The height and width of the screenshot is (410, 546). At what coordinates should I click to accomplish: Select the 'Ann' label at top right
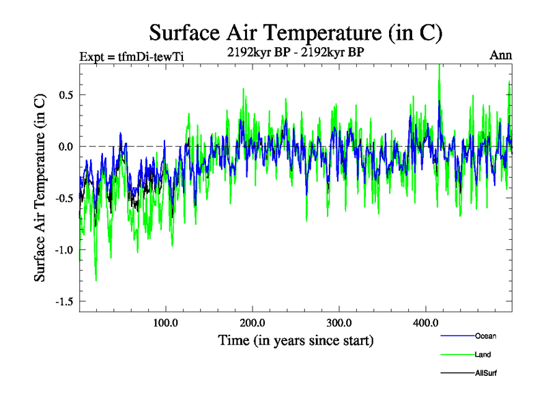tap(500, 55)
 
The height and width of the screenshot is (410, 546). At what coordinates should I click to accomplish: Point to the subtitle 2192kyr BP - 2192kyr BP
tap(296, 51)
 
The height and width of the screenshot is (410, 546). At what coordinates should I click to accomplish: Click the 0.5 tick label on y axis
tap(66, 94)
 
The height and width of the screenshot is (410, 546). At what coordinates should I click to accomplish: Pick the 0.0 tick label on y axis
tap(66, 146)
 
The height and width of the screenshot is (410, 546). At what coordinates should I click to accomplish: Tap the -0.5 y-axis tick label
tap(63, 198)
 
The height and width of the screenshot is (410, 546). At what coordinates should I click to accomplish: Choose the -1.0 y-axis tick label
tap(63, 250)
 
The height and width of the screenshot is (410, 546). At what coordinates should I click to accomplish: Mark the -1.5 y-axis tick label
tap(63, 301)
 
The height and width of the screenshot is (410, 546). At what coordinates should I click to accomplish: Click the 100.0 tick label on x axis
tap(166, 323)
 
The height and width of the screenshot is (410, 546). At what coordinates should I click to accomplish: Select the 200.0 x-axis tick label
tap(253, 323)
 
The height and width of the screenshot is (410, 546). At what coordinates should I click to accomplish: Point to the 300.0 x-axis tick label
tap(339, 323)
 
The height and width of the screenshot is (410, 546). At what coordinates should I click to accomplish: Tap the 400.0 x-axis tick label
tap(426, 323)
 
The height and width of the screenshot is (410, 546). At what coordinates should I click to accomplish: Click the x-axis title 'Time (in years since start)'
tap(296, 340)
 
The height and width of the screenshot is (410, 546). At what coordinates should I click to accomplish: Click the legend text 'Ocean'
tap(485, 336)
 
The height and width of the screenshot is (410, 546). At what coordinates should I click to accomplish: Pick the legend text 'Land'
tap(483, 355)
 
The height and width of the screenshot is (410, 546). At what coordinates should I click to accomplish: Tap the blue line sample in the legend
tap(457, 336)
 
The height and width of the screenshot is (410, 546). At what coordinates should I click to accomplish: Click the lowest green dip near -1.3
tap(96, 279)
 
